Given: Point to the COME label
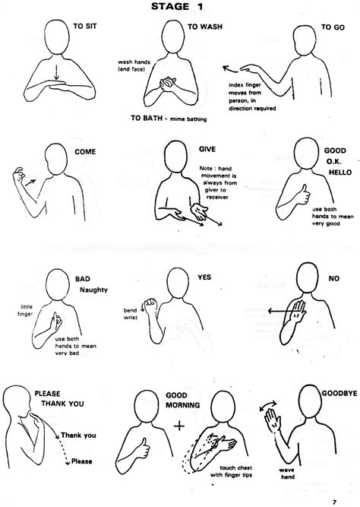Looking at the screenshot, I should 85,151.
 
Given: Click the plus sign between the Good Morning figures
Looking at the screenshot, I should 179,426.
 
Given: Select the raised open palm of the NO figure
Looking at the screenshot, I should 295,308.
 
